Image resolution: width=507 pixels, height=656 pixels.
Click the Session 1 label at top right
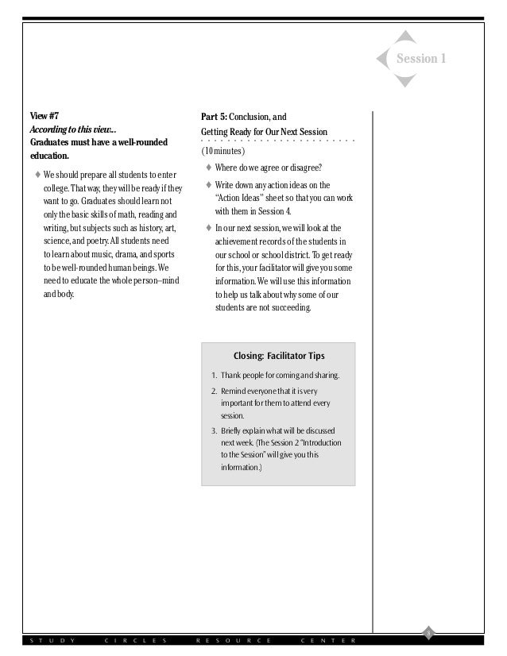pos(421,59)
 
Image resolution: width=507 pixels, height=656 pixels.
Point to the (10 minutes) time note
pos(223,151)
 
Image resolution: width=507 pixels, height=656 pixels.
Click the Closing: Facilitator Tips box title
pos(279,355)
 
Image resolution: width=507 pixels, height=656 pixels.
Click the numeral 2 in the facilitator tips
pos(214,392)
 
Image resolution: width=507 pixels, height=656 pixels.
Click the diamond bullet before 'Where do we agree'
pos(208,167)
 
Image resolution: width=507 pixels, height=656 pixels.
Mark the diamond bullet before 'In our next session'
pos(208,228)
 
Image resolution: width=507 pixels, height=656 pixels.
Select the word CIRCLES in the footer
pos(136,640)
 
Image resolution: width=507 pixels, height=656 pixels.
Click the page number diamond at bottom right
pos(428,632)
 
